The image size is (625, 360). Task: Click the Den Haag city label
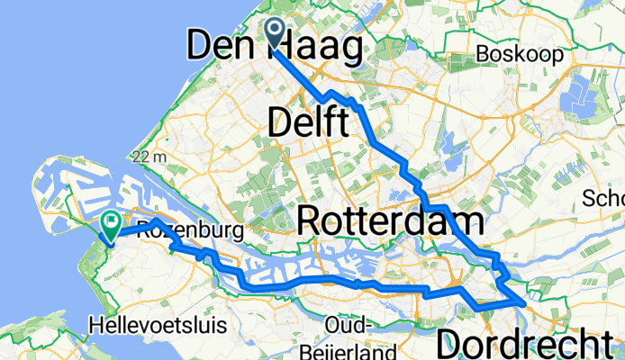[275, 45]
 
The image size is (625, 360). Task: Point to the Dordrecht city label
[529, 343]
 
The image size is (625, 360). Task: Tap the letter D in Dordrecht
[450, 343]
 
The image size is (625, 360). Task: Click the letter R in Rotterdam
[311, 220]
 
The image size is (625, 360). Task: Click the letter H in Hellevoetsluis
[96, 322]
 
